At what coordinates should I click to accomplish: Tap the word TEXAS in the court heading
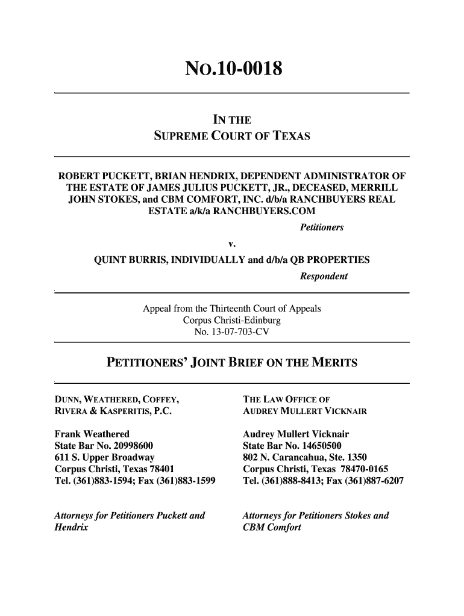pos(289,137)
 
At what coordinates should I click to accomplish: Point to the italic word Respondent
pos(323,276)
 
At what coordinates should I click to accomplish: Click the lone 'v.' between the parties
pos(231,244)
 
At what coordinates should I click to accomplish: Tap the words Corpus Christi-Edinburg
pos(231,320)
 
